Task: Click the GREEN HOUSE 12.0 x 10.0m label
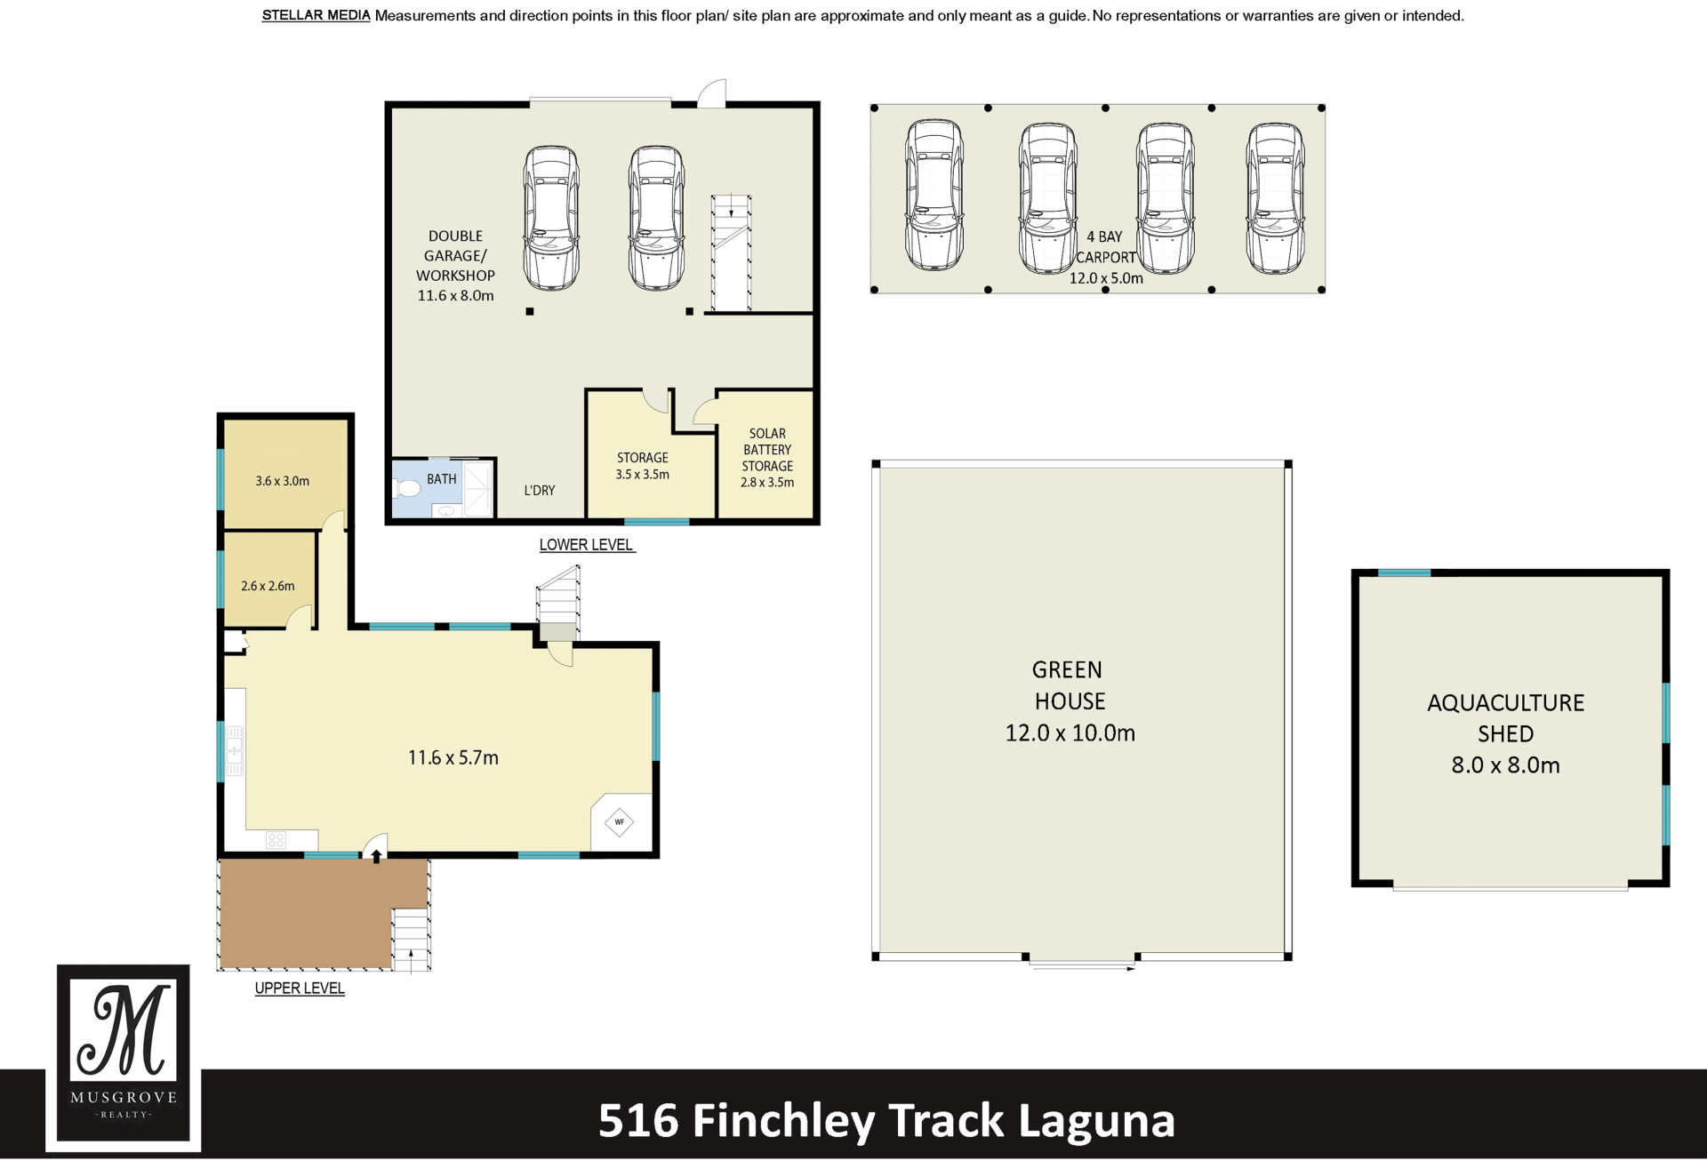[1070, 701]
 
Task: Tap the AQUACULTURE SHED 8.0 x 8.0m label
[1505, 733]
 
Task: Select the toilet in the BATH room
[407, 488]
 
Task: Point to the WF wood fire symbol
[620, 821]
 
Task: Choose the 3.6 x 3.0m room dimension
[283, 481]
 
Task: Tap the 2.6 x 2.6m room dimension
[268, 586]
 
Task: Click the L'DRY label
[540, 490]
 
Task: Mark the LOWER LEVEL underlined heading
[587, 545]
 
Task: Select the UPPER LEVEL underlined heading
[300, 988]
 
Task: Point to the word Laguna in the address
[1096, 1120]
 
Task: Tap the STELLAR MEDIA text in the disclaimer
[316, 15]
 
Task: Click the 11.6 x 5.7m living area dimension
[453, 757]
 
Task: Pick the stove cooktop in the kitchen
[276, 839]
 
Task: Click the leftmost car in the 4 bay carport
[934, 196]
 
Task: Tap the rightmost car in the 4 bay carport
[1275, 197]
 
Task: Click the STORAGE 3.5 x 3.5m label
[643, 466]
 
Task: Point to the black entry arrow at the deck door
[376, 856]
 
